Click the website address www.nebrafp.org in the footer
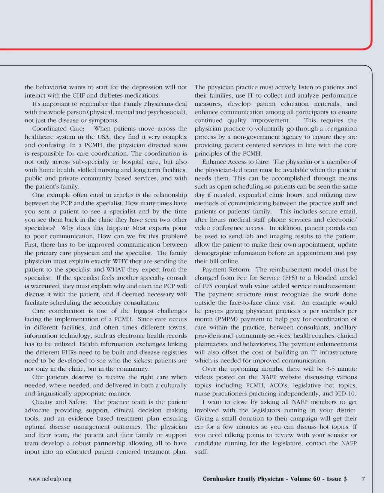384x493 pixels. click(50, 479)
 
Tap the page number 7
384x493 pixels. click(363, 479)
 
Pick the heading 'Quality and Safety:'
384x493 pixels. click(60, 402)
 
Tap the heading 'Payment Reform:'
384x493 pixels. click(226, 269)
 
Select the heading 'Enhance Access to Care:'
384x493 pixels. click(236, 162)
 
